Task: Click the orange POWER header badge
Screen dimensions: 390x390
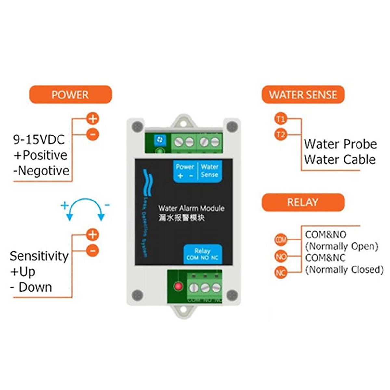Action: coord(71,95)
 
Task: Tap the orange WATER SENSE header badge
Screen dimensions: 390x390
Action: coord(303,95)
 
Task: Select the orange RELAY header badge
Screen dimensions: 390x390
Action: coord(303,202)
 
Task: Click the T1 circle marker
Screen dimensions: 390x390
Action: coord(280,119)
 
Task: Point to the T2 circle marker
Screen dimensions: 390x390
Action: coord(280,134)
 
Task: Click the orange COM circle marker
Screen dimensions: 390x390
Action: coord(281,240)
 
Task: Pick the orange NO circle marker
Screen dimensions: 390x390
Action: coord(281,256)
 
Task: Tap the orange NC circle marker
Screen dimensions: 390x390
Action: coord(281,272)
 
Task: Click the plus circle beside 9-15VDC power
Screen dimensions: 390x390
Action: coord(93,119)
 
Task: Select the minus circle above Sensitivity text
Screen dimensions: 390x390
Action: coord(93,251)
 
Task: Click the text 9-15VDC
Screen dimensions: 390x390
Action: coord(39,139)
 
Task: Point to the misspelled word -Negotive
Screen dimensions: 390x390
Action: coord(42,171)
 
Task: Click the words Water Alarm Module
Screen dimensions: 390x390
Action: coord(191,208)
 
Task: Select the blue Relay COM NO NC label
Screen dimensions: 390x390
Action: coord(202,254)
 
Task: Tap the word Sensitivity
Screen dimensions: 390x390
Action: coord(39,256)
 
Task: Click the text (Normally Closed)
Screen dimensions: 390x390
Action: coord(344,269)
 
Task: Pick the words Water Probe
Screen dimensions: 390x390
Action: coord(340,144)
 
